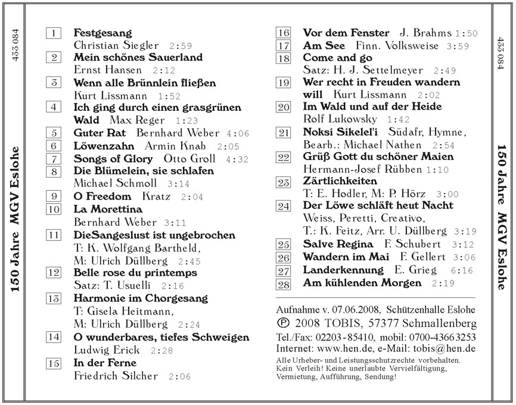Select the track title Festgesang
tap(102, 32)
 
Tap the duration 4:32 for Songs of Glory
tap(231, 160)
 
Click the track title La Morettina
tap(108, 210)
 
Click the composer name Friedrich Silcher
tap(116, 376)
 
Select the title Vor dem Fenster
tap(346, 33)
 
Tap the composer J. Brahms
tap(422, 33)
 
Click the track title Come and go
tap(338, 58)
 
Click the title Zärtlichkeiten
tap(340, 180)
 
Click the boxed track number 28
tap(284, 284)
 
